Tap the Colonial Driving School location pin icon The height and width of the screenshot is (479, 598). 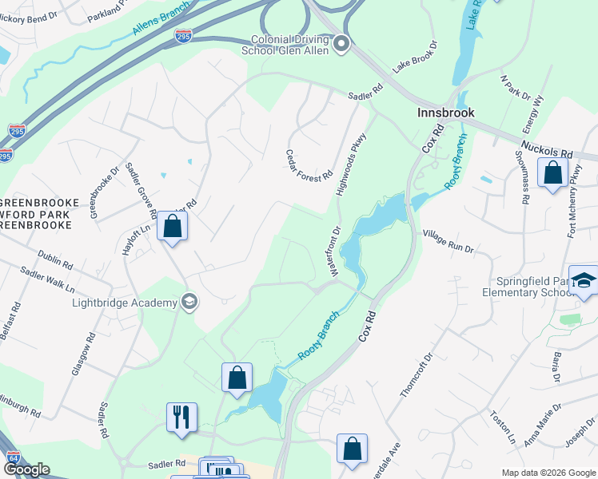pyautogui.click(x=342, y=44)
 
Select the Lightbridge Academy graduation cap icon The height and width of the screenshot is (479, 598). pyautogui.click(x=189, y=302)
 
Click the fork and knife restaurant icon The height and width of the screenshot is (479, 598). pyautogui.click(x=181, y=417)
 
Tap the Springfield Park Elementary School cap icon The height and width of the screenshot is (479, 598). pyautogui.click(x=584, y=280)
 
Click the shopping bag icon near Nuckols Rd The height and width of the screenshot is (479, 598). pyautogui.click(x=552, y=172)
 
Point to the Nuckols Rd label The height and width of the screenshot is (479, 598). pyautogui.click(x=547, y=149)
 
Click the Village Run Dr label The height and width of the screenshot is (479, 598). pyautogui.click(x=448, y=241)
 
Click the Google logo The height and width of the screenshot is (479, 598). pyautogui.click(x=26, y=469)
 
